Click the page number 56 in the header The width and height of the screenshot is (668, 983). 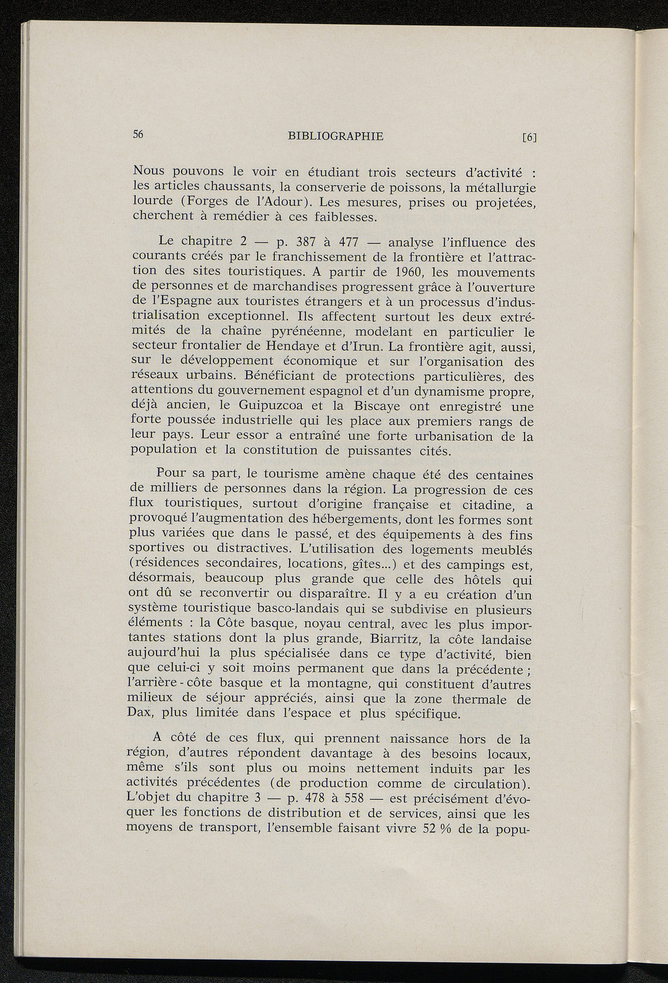[138, 134]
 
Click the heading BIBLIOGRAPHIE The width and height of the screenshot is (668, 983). [335, 136]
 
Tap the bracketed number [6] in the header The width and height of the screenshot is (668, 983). [529, 138]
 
